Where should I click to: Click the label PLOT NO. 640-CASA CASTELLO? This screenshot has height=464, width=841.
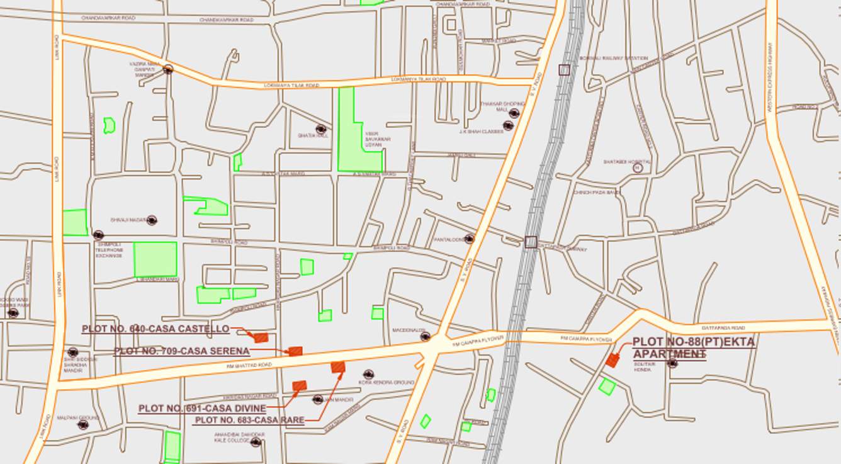coord(155,329)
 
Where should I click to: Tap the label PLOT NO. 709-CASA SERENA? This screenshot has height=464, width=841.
coord(182,351)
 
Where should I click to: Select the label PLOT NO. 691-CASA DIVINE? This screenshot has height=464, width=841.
coord(202,409)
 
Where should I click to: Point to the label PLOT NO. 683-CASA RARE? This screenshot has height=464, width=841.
coord(250,420)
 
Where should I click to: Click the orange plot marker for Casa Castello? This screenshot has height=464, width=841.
coord(261,338)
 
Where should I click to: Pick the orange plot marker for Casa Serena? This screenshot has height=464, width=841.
coord(295,351)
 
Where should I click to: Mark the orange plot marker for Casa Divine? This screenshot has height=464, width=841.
coord(300,385)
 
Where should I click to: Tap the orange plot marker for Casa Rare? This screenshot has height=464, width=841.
coord(338,366)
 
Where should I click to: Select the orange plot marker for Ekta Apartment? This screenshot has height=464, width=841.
coord(612,360)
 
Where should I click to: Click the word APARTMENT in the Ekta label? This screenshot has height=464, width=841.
coord(669,354)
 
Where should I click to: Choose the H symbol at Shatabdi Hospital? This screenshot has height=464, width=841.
coord(638,168)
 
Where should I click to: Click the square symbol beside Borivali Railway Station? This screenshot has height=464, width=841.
coord(564,70)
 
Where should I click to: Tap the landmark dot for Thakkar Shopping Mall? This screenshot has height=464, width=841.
coord(514,113)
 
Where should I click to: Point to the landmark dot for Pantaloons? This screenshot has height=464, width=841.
coord(469,239)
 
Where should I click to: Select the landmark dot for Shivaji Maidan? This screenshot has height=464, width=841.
coord(151,220)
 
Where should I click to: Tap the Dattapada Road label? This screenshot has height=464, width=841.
coord(723,328)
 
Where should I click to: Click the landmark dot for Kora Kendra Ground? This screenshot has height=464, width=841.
coord(369,374)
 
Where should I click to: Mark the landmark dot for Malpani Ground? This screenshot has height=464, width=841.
coord(82,424)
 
